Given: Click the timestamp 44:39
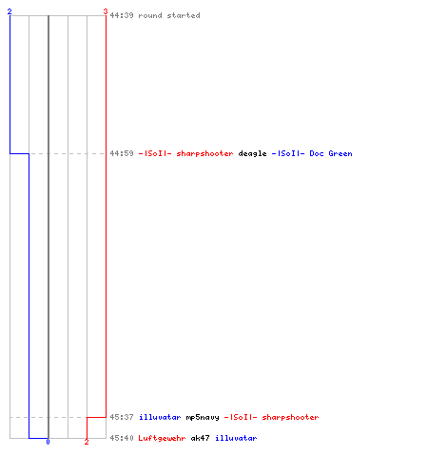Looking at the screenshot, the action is click(x=122, y=15).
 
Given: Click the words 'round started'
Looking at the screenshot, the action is click(x=169, y=15).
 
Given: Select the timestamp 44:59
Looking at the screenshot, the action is click(x=122, y=153).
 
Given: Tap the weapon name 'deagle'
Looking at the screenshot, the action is click(x=252, y=153).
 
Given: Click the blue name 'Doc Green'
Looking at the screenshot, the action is click(x=331, y=153).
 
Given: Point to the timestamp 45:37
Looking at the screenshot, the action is click(x=122, y=417).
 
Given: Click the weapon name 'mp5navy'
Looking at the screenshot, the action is click(x=203, y=417).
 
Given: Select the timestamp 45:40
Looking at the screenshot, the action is click(x=122, y=438).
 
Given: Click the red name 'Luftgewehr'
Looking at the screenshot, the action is click(x=162, y=438).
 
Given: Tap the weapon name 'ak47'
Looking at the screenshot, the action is click(x=200, y=438).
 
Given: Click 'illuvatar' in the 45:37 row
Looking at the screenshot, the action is click(x=160, y=417).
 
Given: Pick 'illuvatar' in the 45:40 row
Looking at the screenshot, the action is click(x=236, y=438).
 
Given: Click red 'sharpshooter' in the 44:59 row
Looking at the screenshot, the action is click(x=204, y=153).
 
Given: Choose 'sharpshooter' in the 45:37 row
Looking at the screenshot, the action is click(x=290, y=417).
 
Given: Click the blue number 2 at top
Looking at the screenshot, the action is click(x=10, y=11).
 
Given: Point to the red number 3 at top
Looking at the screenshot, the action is click(x=106, y=11).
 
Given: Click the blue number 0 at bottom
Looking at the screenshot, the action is click(x=48, y=442).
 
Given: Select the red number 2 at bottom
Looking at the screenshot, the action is click(x=87, y=442).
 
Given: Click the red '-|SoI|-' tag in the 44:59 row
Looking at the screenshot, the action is click(x=155, y=153).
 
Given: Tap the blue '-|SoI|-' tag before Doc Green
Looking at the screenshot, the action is click(x=288, y=153).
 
